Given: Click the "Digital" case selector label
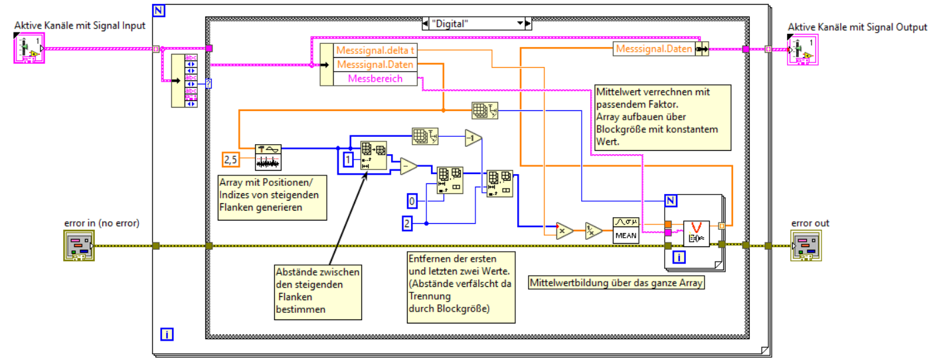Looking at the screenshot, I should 472,23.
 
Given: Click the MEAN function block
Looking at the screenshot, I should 625,230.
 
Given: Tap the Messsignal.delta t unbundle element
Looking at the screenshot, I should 376,50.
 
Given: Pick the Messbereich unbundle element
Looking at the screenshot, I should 376,78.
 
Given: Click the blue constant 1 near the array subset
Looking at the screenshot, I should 347,159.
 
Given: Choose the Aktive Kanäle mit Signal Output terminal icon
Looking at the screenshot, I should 800,50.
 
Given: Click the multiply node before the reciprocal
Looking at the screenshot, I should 564,230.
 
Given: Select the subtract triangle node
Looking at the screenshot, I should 408,167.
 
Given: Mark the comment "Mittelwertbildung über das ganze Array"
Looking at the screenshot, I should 616,282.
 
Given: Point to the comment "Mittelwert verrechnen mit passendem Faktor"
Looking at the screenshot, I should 662,117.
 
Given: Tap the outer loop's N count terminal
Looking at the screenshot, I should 159,9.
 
